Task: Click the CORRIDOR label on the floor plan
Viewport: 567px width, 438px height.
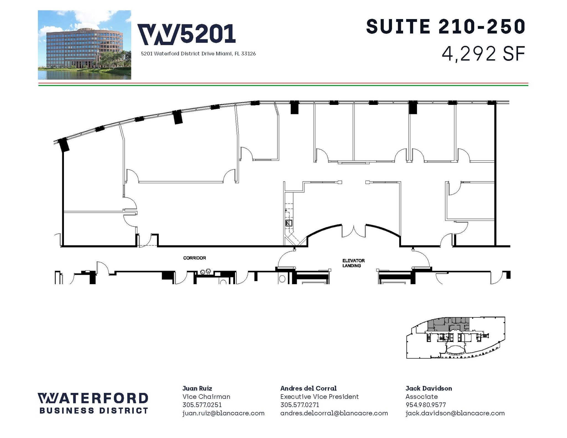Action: click(194, 258)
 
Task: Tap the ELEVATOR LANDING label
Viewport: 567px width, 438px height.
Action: click(353, 263)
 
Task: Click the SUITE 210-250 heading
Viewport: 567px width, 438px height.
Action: click(445, 27)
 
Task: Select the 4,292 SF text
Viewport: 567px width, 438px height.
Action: click(483, 54)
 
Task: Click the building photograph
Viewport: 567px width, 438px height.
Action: click(84, 45)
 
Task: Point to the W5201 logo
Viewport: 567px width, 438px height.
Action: click(187, 34)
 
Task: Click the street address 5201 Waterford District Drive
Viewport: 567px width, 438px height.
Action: click(198, 54)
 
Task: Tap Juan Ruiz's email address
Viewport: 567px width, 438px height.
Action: click(223, 413)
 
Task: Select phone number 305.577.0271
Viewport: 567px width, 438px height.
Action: click(300, 405)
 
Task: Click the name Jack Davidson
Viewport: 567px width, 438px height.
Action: click(428, 388)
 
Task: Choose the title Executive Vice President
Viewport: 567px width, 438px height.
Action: click(319, 396)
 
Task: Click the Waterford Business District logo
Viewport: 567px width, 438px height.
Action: click(93, 403)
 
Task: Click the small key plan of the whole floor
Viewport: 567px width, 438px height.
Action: click(455, 338)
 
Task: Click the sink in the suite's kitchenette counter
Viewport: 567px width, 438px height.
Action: click(289, 223)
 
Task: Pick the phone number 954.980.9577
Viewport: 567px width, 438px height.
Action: click(426, 405)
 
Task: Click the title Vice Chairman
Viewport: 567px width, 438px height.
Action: click(206, 396)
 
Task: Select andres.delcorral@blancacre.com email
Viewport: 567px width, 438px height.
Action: click(334, 413)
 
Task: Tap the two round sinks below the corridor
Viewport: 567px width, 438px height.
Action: click(205, 271)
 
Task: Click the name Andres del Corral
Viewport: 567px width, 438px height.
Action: click(308, 388)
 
